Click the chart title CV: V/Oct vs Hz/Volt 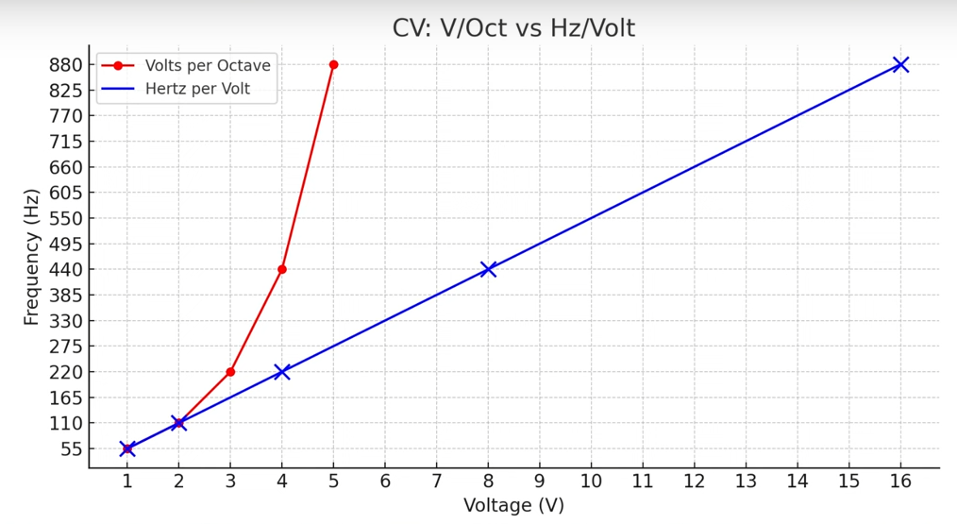513,28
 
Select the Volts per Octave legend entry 208,66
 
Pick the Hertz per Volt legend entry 210,90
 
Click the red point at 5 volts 333,65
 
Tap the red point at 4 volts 282,270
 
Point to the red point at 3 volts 230,372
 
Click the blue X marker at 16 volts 900,65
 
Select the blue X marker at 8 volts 488,270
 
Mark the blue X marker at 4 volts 282,372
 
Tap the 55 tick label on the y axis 71,449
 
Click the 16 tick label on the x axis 900,482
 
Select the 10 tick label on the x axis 591,482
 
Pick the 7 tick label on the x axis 436,482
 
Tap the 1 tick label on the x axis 127,482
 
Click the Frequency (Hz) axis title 32,257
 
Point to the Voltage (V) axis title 513,506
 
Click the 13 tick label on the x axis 746,482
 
